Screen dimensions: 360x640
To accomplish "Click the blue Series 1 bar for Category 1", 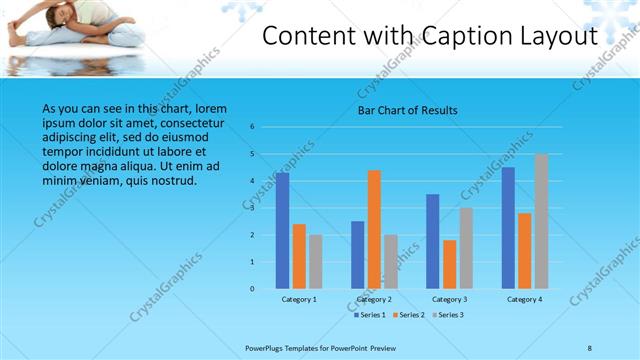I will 283,231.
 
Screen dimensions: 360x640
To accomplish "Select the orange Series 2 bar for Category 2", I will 374,229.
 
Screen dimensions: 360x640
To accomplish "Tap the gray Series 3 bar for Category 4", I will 541,221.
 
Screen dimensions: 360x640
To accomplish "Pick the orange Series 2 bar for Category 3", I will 450,264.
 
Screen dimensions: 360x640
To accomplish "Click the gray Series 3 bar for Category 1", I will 315,262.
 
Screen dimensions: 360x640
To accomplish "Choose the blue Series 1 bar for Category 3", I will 433,241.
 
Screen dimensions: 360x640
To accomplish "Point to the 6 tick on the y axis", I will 252,127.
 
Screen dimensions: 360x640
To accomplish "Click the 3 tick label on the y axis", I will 252,208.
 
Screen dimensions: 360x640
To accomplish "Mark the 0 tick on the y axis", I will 252,289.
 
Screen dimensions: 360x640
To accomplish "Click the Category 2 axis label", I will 374,299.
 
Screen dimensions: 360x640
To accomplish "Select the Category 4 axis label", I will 524,299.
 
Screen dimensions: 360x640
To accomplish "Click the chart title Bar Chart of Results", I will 408,110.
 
